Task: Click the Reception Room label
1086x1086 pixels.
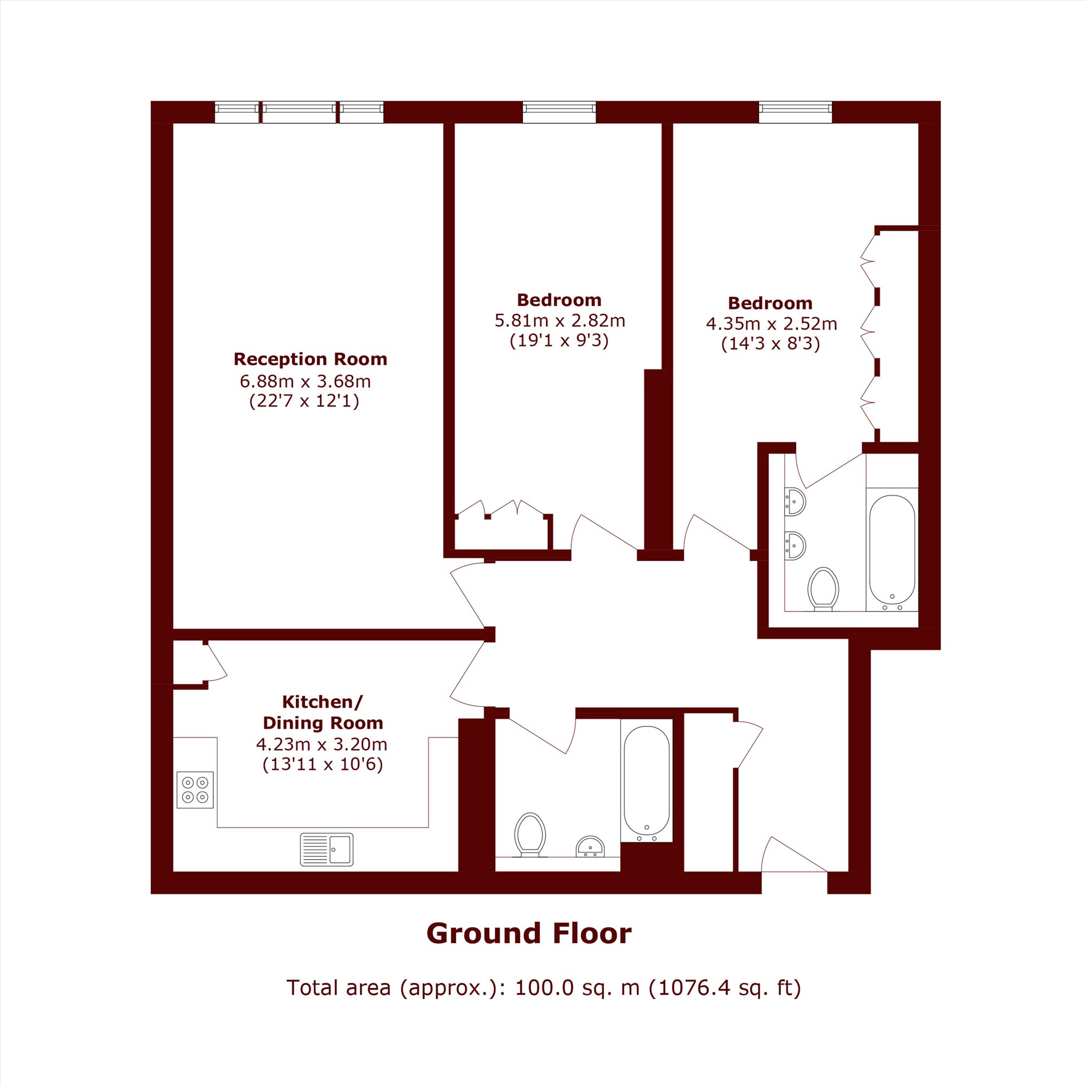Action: pos(310,359)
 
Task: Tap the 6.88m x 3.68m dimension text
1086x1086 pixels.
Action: pos(305,381)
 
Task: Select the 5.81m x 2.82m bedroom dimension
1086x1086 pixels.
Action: pos(559,320)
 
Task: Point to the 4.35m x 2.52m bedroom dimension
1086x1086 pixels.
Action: pos(771,324)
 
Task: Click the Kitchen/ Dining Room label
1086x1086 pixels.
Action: pos(323,712)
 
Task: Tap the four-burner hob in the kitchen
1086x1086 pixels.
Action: pos(195,790)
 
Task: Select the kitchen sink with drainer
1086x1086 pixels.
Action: pos(326,849)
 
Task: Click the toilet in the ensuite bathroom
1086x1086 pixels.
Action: pos(823,589)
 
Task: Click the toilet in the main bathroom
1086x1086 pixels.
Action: pos(530,835)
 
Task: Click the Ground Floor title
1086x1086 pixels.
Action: pos(529,933)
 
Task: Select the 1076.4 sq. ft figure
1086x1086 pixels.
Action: pos(724,988)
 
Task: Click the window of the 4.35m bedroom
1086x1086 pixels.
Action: pos(795,112)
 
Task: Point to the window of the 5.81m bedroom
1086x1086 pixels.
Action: pos(559,112)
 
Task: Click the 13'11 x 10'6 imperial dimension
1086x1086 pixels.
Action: pos(323,765)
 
